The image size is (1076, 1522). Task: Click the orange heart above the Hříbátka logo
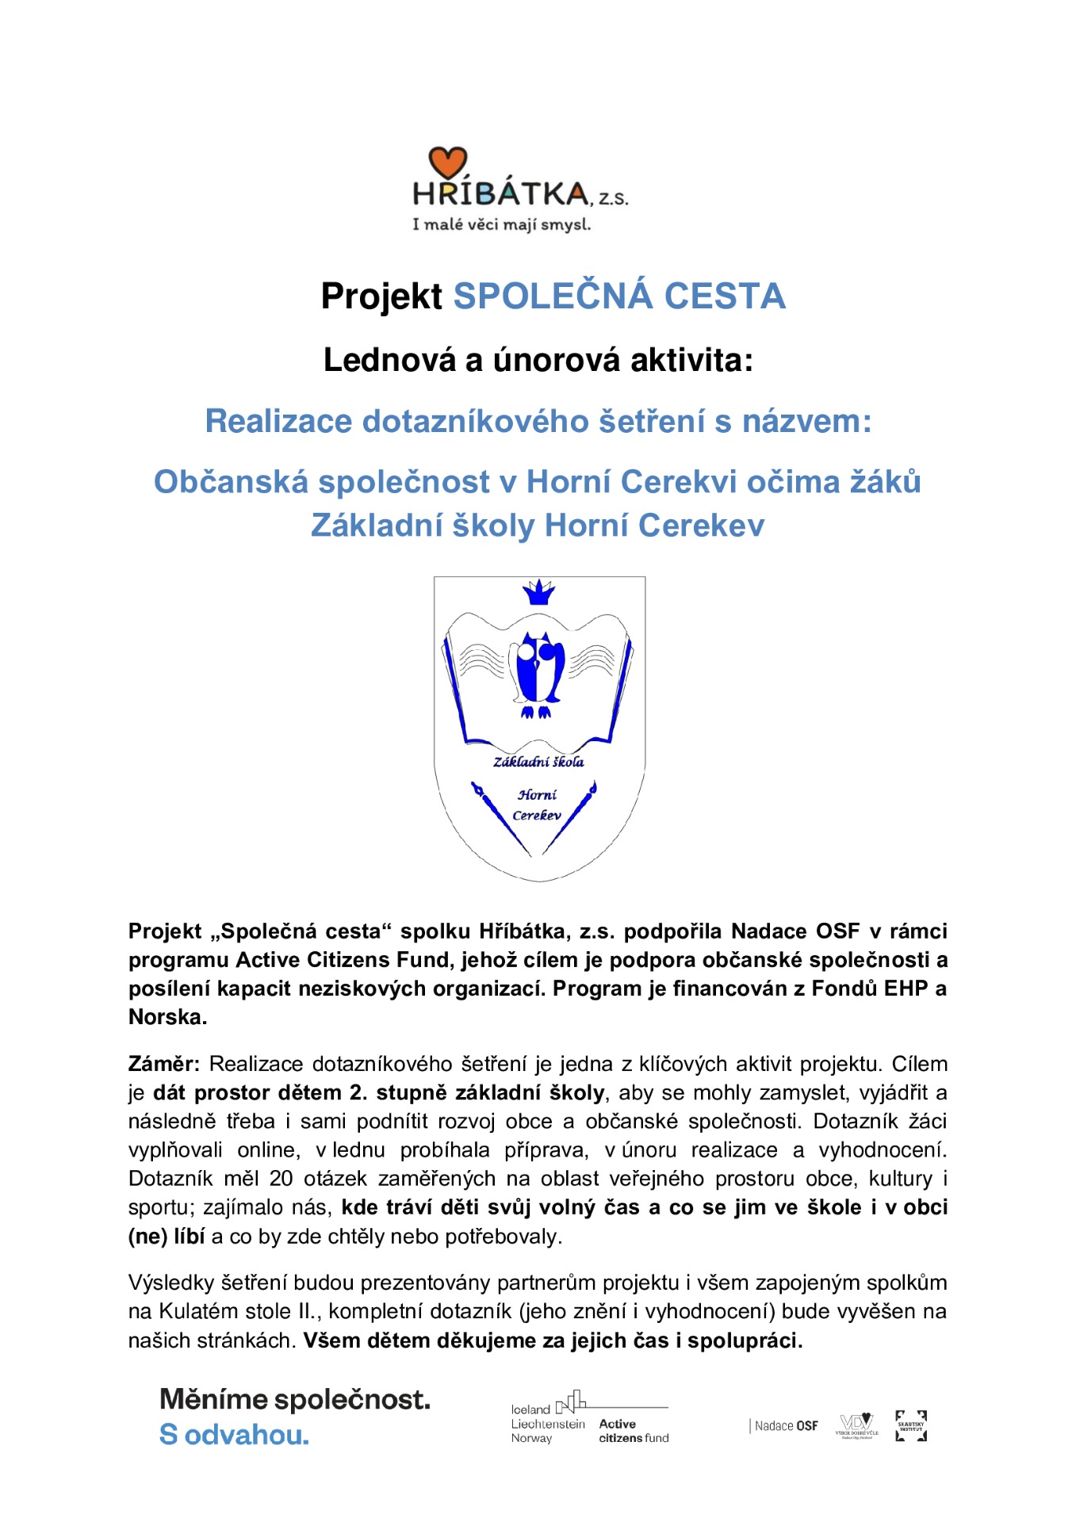(447, 163)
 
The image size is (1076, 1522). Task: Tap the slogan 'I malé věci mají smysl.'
(501, 224)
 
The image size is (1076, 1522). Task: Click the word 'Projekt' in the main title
(381, 296)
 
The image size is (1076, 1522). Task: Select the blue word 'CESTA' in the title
(724, 296)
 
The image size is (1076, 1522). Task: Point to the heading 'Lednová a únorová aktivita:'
(538, 361)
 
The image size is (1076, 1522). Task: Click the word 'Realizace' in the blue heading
(278, 421)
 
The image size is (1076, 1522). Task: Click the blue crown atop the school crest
(538, 591)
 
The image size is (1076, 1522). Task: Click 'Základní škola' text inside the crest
(538, 762)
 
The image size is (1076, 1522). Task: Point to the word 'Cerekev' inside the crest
(537, 815)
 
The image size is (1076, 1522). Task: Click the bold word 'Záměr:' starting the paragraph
(164, 1064)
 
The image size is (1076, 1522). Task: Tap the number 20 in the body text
(281, 1179)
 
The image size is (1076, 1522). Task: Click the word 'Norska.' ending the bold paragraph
(168, 1017)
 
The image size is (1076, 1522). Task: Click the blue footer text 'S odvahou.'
(234, 1435)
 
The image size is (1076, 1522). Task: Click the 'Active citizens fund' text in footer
(634, 1431)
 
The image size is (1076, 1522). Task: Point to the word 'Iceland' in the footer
(530, 1409)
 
